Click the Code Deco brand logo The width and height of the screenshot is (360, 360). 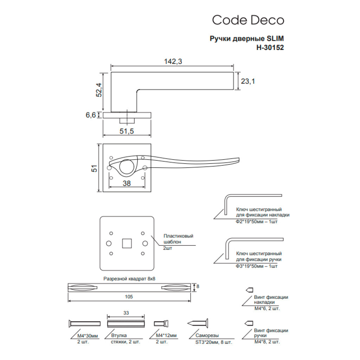pos(248,20)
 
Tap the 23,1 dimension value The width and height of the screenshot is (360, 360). pos(248,81)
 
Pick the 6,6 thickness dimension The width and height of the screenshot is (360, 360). pos(91,115)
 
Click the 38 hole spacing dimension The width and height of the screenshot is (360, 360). pos(127,182)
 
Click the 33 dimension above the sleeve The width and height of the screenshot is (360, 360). pos(126,312)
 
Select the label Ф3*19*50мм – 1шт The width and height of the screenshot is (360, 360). pos(257,266)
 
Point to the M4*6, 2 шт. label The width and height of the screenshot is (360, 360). pos(267,308)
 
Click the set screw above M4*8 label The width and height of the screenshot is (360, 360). pos(249,323)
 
